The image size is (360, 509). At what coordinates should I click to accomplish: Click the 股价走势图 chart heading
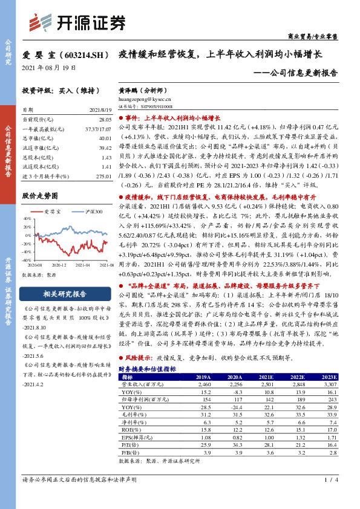[x=39, y=195]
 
